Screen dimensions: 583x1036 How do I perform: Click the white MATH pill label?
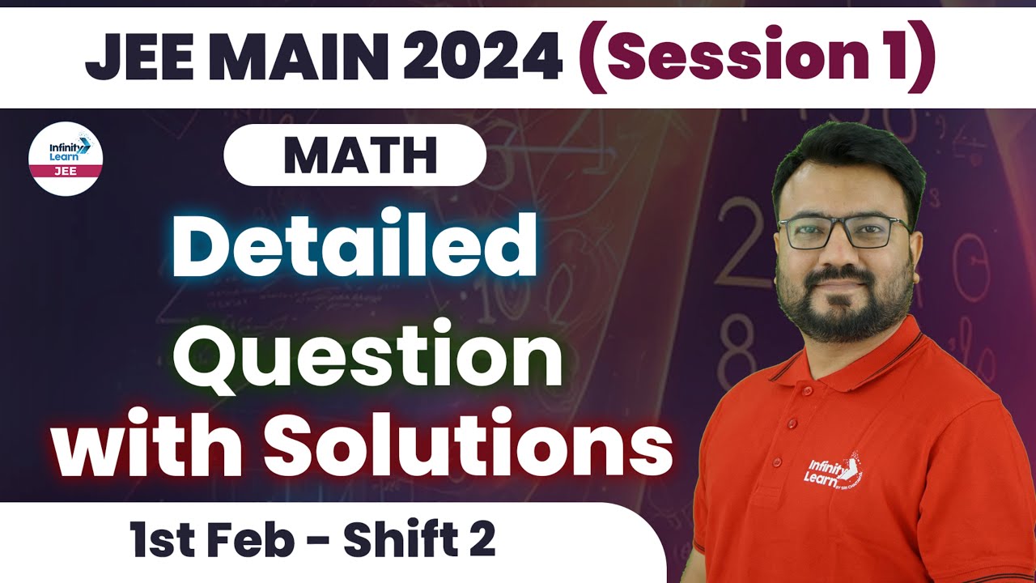point(355,155)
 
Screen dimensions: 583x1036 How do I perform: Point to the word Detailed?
point(354,244)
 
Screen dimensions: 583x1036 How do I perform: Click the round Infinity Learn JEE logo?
point(65,158)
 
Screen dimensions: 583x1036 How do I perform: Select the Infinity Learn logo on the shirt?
point(834,478)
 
